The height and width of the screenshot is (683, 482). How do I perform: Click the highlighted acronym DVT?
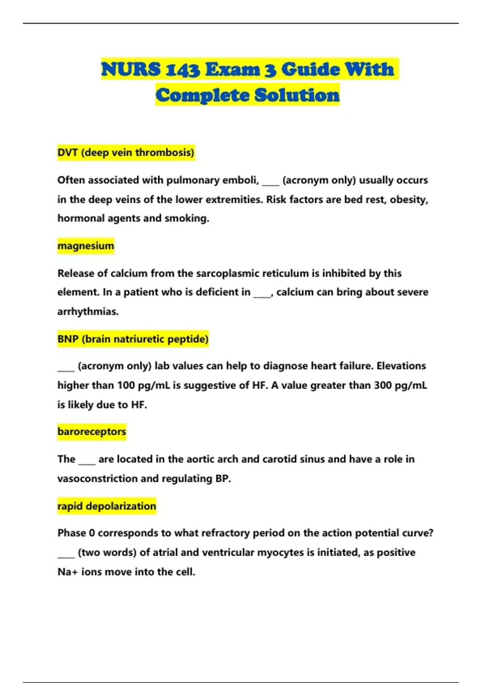pyautogui.click(x=67, y=153)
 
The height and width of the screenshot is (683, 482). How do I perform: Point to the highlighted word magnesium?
pyautogui.click(x=86, y=246)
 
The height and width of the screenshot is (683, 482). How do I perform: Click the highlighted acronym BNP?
pyautogui.click(x=67, y=339)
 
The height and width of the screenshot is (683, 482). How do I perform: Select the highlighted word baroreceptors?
pyautogui.click(x=92, y=432)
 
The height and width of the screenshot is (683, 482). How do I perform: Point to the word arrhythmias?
pyautogui.click(x=88, y=312)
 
